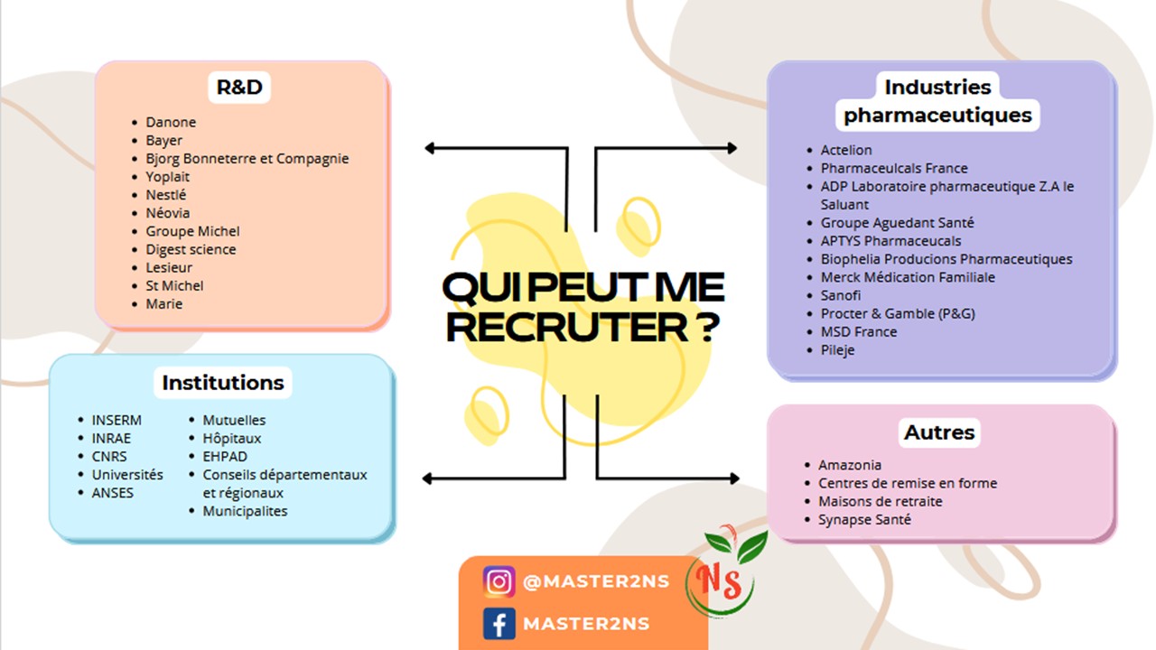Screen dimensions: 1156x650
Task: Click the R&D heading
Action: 239,88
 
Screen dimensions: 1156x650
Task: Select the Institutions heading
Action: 223,383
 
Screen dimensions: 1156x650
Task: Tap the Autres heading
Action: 939,432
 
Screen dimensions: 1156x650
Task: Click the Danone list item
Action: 171,122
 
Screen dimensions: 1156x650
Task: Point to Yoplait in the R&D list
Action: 168,177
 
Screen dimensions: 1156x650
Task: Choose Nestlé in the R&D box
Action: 165,195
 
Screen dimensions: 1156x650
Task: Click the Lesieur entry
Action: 169,268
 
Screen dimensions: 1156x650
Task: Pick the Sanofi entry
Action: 841,295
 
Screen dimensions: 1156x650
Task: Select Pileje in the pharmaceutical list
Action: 837,350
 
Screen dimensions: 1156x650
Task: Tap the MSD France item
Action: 859,331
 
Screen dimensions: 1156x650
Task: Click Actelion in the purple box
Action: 846,150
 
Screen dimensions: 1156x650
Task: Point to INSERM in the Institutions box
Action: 117,421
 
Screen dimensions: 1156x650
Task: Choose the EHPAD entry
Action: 225,457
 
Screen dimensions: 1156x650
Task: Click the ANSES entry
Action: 113,493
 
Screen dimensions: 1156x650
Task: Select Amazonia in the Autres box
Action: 850,465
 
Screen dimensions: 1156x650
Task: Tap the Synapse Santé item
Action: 865,519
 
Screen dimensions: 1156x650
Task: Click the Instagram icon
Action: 499,582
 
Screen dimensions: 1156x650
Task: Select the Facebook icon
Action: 499,624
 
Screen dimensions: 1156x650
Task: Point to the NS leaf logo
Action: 726,571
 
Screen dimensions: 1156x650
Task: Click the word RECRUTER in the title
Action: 567,327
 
